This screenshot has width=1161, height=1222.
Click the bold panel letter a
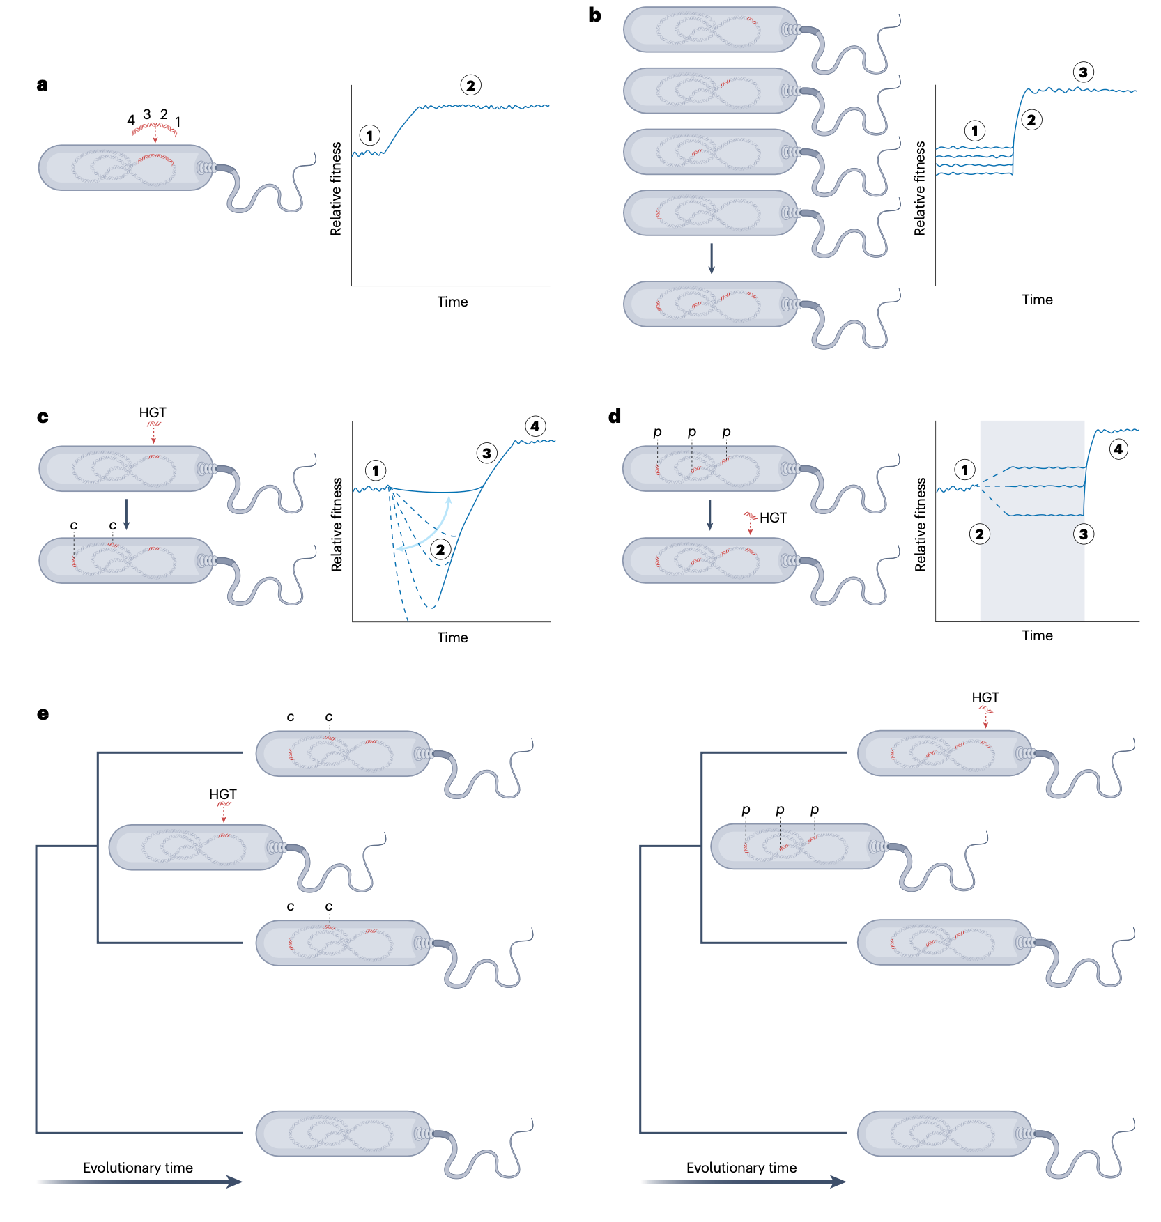tap(43, 85)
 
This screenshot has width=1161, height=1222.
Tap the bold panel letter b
tap(594, 15)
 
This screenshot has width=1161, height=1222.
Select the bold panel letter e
tap(43, 713)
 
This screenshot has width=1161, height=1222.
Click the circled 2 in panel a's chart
tap(471, 86)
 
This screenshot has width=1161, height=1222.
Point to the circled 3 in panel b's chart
tap(1083, 72)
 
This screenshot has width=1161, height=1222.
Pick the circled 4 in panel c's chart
tap(535, 426)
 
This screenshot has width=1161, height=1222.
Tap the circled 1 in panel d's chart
tap(965, 470)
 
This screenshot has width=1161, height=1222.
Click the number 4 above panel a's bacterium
tap(130, 120)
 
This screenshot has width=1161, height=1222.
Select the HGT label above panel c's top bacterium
tap(153, 412)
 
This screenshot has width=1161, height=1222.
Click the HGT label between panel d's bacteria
tap(773, 518)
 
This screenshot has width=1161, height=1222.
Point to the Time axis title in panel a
tap(452, 302)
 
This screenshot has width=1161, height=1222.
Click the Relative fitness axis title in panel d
tap(921, 525)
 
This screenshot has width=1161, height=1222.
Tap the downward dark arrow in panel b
tap(711, 258)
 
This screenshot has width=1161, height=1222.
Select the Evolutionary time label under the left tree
tap(138, 1168)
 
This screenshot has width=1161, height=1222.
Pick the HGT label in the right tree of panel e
tap(985, 697)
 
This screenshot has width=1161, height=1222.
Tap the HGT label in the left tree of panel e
tap(223, 794)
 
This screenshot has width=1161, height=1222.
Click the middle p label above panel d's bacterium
tap(692, 432)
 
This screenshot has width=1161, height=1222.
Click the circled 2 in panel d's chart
tap(980, 534)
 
